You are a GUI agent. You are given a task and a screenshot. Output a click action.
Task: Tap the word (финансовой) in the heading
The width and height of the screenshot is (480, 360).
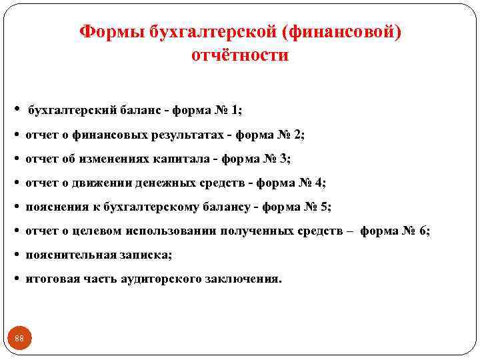coord(349,32)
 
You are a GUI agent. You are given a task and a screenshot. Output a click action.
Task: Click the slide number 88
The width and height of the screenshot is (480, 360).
coord(19,339)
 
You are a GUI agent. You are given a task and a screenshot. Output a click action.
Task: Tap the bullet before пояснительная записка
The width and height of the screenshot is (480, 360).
coord(16,255)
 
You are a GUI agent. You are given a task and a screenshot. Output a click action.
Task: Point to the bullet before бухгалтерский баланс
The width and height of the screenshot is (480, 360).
coord(16,109)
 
